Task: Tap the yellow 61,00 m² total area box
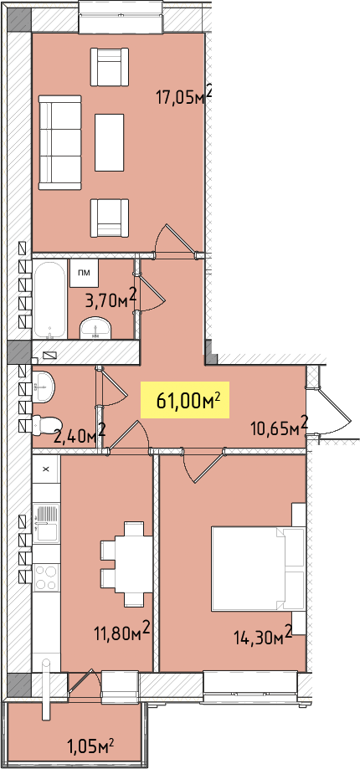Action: (x=185, y=400)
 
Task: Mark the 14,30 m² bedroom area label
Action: (x=262, y=637)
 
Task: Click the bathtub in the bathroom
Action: (x=49, y=299)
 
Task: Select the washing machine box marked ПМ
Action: (x=85, y=273)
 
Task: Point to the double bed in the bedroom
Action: (x=259, y=569)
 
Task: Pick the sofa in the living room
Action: (x=59, y=142)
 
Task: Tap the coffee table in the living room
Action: (x=110, y=143)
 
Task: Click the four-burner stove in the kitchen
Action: (x=46, y=577)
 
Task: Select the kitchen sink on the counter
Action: (x=46, y=522)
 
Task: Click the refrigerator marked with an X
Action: (x=46, y=469)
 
